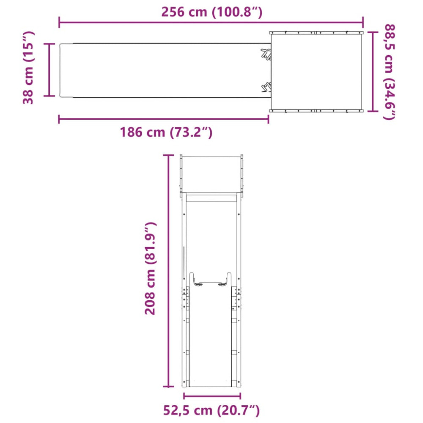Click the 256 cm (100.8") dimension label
(211, 12)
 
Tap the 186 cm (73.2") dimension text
(166, 132)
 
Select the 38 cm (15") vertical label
(28, 67)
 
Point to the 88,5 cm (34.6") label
(389, 72)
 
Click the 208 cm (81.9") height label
(151, 269)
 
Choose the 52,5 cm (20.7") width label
(211, 410)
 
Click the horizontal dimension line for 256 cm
(211, 22)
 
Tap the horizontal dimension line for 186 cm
(163, 119)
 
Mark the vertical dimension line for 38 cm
(49, 70)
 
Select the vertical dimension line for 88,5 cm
(373, 71)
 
